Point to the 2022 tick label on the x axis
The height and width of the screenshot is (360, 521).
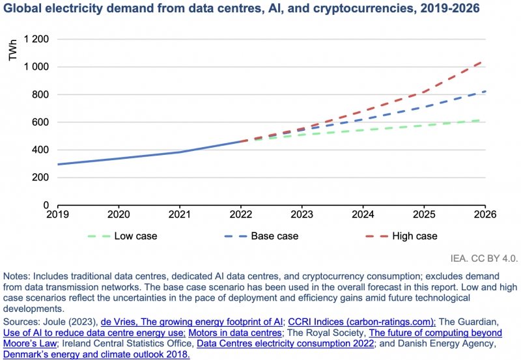241,214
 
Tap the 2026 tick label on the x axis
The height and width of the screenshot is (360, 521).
485,214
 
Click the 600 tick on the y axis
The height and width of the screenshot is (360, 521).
40,122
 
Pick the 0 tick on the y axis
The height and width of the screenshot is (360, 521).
46,205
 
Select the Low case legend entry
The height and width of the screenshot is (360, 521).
135,236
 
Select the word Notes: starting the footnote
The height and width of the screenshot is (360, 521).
18,277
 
